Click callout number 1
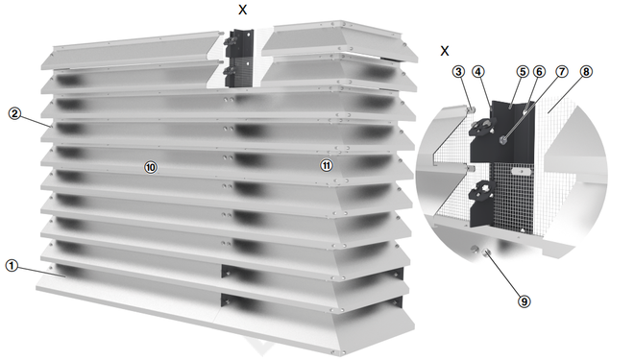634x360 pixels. tap(12, 266)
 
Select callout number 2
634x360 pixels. tap(14, 113)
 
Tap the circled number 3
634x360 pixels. tap(458, 72)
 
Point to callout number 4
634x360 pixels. tap(478, 72)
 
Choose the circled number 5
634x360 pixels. tap(523, 72)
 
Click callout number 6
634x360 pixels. tap(539, 72)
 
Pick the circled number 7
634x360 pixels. tap(562, 72)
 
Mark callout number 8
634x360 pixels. tap(586, 72)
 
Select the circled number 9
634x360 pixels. tap(524, 301)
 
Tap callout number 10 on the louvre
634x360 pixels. tap(151, 167)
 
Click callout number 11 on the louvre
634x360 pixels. tap(327, 165)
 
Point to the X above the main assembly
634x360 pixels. tap(243, 10)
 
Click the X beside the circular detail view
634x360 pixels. tap(445, 51)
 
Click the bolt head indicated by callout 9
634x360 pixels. tap(486, 252)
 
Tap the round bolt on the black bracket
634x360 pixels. tap(503, 140)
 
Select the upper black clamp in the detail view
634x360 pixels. tap(481, 127)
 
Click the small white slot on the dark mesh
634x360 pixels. tap(521, 171)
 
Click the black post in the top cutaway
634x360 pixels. tap(239, 59)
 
